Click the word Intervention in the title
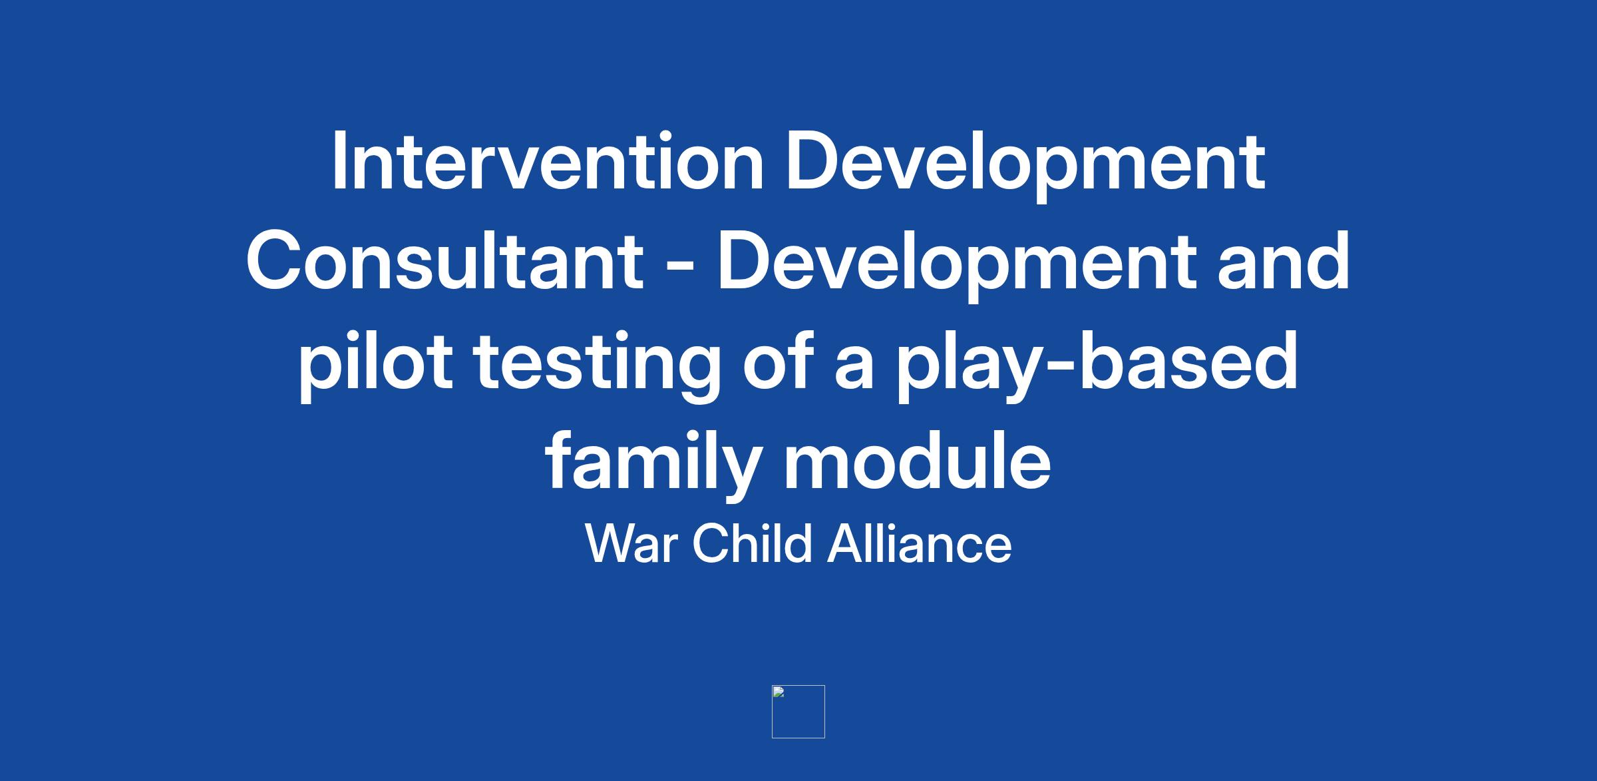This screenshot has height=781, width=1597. pyautogui.click(x=547, y=161)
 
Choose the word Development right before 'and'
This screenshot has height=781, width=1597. pyautogui.click(x=956, y=267)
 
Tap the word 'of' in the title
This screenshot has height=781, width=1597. pyautogui.click(x=779, y=360)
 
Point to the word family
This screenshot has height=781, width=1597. pyautogui.click(x=653, y=466)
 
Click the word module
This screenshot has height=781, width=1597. pyautogui.click(x=917, y=460)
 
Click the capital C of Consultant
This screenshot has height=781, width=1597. pyautogui.click(x=273, y=261)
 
